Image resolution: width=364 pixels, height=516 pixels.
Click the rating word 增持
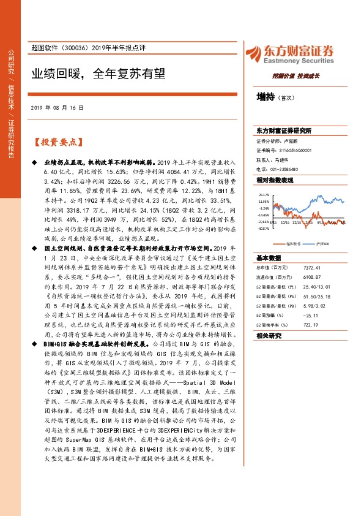266,96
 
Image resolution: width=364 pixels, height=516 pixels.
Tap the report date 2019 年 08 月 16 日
56,107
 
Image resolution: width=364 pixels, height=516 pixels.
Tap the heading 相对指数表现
275,180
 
